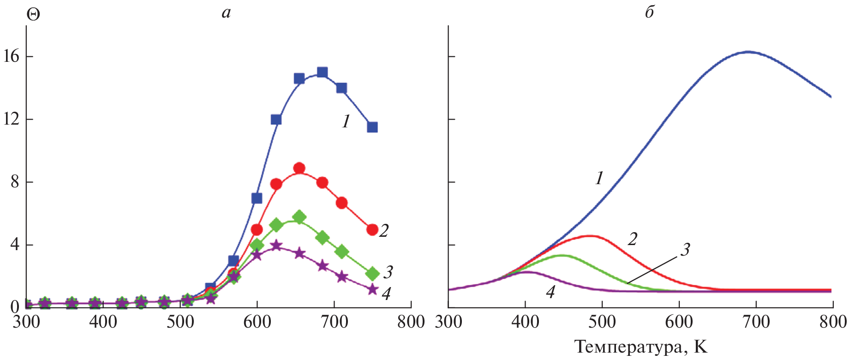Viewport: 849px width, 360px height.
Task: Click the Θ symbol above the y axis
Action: click(33, 15)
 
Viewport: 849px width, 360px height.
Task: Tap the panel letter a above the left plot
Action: click(226, 12)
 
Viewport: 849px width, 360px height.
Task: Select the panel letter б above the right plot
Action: click(649, 12)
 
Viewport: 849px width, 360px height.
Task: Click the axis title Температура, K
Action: click(641, 347)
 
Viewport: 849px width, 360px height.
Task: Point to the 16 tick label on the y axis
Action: click(11, 56)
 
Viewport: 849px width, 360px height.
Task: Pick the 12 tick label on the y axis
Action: click(11, 119)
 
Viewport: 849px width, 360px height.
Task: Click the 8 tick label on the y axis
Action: click(15, 182)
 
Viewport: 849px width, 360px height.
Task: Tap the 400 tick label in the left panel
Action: click(103, 322)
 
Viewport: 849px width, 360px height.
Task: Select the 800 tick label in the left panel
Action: click(411, 322)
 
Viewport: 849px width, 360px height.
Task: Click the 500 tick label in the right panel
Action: click(602, 322)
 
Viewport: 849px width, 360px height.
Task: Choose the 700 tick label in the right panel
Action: click(756, 322)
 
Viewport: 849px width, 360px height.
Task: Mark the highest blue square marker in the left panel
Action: click(322, 72)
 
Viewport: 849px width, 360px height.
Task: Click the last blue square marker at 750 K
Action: click(372, 127)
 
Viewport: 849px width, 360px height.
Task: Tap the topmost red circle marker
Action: click(299, 168)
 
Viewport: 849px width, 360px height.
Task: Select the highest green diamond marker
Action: click(299, 217)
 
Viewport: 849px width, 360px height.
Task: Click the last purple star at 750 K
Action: click(372, 289)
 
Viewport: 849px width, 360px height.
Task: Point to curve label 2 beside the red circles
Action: click(384, 230)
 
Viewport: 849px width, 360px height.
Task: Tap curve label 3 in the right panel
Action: click(686, 250)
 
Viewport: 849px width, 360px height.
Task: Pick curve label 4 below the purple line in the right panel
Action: click(550, 292)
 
